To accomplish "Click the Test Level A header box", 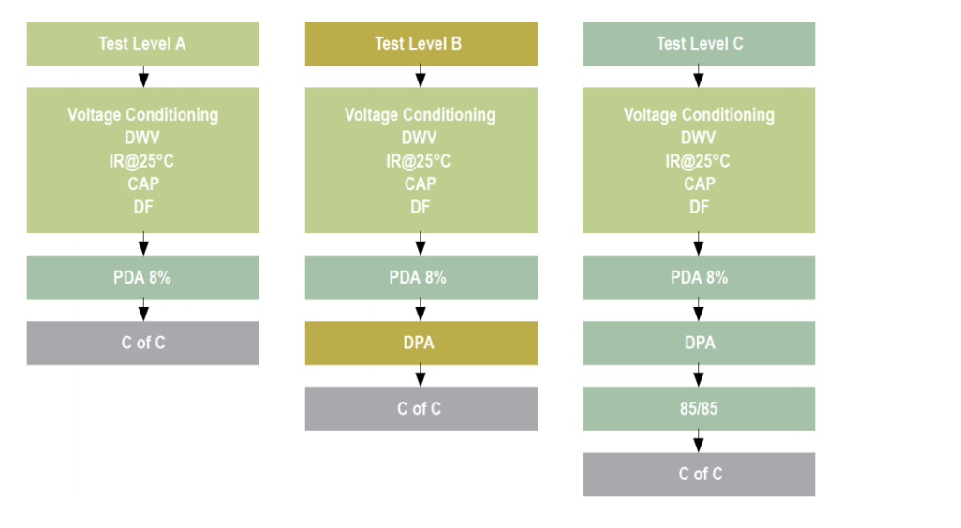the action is [142, 44].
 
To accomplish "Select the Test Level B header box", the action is [421, 44].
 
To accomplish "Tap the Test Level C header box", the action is [699, 44].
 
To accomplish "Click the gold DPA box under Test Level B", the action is [421, 343].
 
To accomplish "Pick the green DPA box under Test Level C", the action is [699, 343].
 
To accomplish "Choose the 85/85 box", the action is [699, 408].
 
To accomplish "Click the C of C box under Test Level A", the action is [142, 343].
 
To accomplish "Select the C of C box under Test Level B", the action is [421, 408].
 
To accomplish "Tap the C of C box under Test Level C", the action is [699, 474].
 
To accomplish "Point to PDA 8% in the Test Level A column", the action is [142, 277].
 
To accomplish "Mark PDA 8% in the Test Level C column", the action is [699, 277].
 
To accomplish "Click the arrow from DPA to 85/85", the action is [699, 375].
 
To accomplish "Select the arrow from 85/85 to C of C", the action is [699, 441].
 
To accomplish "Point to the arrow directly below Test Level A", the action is [143, 77].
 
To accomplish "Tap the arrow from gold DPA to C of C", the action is [421, 375].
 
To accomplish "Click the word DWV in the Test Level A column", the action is [142, 138].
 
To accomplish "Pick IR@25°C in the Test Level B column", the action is [418, 161].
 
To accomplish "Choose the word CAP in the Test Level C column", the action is [700, 183].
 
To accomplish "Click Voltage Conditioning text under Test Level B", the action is [420, 115].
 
